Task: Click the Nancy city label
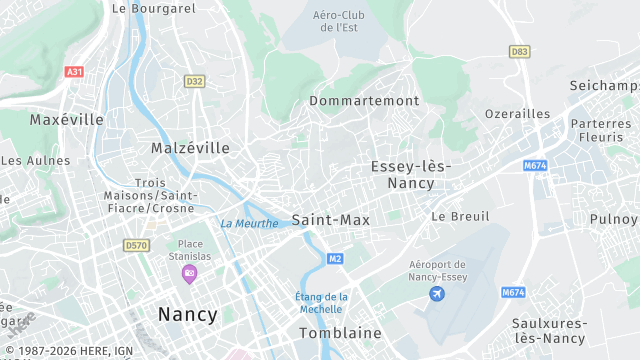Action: click(x=187, y=314)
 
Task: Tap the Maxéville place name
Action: click(x=66, y=119)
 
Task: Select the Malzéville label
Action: click(x=190, y=147)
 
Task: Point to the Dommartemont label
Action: click(x=364, y=101)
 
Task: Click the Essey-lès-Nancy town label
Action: click(x=409, y=174)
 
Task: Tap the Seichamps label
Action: click(x=604, y=86)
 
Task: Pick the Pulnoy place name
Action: click(x=613, y=219)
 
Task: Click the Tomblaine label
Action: click(x=340, y=332)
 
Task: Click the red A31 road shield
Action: click(x=73, y=72)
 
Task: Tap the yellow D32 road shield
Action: click(x=194, y=81)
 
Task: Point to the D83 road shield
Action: click(x=519, y=51)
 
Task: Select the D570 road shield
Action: click(x=136, y=244)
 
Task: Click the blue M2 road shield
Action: click(x=335, y=259)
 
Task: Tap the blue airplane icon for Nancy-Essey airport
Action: click(x=436, y=293)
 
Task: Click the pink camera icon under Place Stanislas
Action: click(x=190, y=273)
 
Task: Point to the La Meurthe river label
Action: click(x=249, y=223)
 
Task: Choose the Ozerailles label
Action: click(x=517, y=114)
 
